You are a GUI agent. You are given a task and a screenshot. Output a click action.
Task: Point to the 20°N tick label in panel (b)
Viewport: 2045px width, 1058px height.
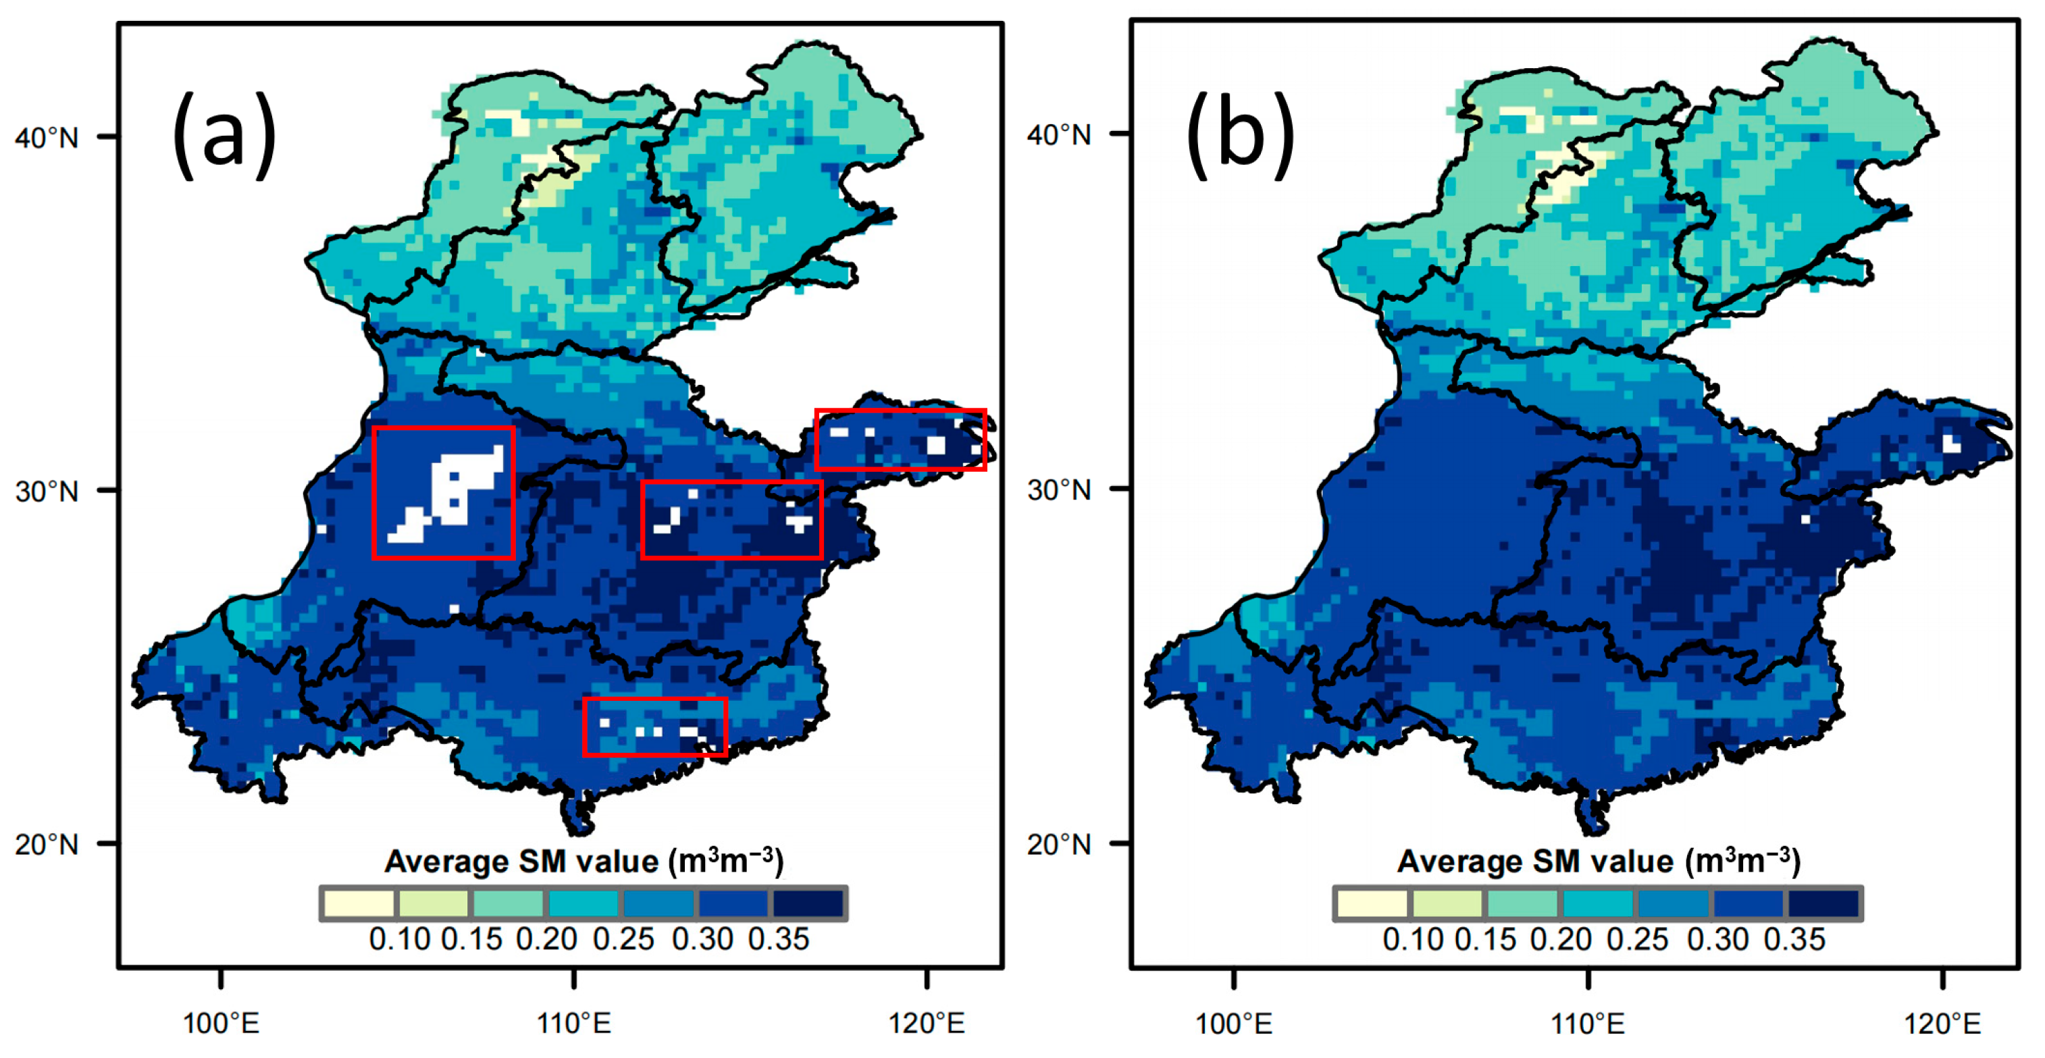point(1060,845)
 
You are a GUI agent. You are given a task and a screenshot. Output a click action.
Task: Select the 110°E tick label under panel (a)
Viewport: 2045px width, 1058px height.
point(574,1024)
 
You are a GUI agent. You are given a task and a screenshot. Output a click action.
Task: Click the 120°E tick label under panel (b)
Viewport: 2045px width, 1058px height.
point(1942,1024)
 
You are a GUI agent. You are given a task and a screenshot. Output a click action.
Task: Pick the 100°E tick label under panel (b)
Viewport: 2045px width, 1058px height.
point(1234,1024)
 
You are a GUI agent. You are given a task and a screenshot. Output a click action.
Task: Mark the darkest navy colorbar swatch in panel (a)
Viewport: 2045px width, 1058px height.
point(808,903)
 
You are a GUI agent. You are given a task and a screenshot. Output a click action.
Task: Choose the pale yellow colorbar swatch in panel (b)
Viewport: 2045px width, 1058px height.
point(1372,903)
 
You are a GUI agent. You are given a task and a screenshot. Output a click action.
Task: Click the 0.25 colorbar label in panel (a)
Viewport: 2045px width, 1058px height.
point(623,940)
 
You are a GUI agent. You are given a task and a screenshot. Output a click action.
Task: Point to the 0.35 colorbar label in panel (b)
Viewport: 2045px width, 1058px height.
point(1795,940)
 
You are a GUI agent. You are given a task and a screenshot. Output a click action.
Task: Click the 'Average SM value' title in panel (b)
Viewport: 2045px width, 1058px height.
point(1598,862)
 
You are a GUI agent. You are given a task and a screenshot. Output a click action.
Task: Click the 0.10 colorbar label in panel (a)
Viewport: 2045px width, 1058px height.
point(399,940)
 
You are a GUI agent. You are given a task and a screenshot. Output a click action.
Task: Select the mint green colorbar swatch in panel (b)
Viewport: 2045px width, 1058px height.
point(1522,903)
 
